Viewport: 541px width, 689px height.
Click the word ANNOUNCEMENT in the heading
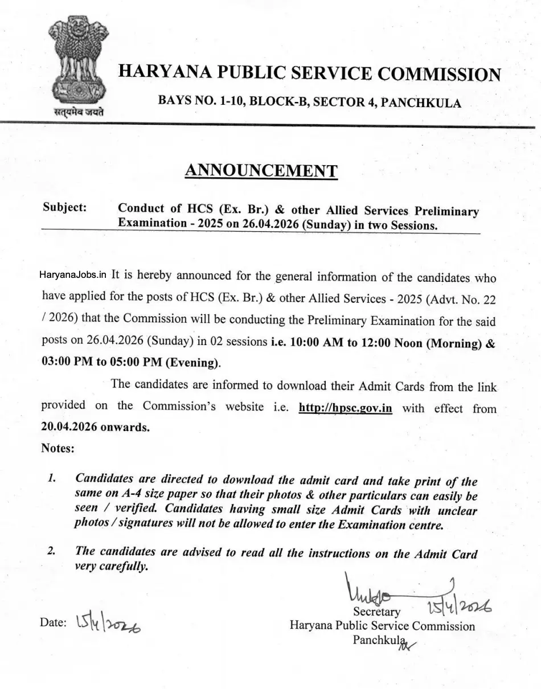click(261, 170)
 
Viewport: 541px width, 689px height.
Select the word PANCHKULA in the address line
click(421, 102)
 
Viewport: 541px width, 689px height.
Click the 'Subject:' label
click(64, 207)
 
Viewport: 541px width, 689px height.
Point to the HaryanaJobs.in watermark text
click(73, 274)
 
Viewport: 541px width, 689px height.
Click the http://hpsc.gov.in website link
click(345, 408)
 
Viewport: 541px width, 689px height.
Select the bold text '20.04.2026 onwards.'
click(95, 427)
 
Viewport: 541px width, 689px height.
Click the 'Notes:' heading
click(58, 448)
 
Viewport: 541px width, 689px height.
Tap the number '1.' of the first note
click(52, 479)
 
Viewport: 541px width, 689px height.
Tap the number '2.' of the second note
click(52, 551)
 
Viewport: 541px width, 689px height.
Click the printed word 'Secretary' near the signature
click(376, 612)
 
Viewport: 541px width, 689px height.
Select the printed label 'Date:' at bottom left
click(54, 623)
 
